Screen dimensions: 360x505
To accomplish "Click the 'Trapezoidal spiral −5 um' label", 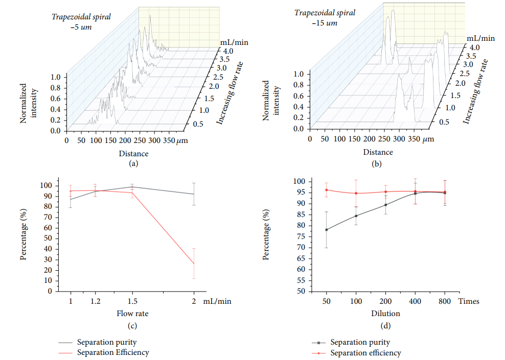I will (x=81, y=22).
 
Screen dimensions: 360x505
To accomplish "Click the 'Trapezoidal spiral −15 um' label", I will (x=318, y=17).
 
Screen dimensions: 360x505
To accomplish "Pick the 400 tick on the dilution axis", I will (x=416, y=301).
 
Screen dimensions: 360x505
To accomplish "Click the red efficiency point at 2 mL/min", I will (x=193, y=263).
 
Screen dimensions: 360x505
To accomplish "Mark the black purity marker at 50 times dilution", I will (x=326, y=230).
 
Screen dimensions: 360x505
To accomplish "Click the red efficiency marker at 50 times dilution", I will (x=326, y=190).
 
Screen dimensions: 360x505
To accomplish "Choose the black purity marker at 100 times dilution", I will (x=356, y=215).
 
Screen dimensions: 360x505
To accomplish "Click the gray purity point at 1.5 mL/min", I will (x=132, y=187).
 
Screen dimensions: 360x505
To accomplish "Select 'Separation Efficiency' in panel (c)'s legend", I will (x=112, y=352).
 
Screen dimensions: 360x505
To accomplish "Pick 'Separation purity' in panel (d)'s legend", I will (x=359, y=342).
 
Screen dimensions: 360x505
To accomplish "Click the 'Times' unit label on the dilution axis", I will (x=468, y=301).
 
